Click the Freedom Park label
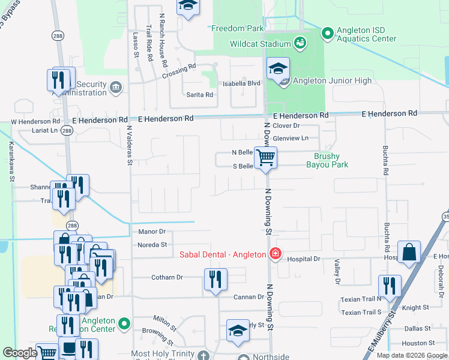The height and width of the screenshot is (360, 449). [x=237, y=28]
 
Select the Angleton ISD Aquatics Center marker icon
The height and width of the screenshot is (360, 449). [x=328, y=34]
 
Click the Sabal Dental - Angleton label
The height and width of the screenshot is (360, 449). [x=223, y=254]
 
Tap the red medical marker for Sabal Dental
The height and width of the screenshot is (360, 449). [x=276, y=254]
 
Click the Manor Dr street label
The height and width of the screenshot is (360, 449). [x=151, y=231]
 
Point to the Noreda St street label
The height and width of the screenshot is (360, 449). [x=152, y=245]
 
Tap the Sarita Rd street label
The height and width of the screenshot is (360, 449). [x=200, y=95]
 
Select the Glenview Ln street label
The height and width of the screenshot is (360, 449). [x=290, y=138]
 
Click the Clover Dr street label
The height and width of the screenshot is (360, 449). [x=286, y=125]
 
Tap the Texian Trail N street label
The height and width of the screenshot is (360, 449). [x=361, y=299]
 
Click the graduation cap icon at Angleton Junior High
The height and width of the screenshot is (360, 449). [x=279, y=68]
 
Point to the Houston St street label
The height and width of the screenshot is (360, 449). [x=414, y=343]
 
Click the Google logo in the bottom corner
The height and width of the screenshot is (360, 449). [x=20, y=353]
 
